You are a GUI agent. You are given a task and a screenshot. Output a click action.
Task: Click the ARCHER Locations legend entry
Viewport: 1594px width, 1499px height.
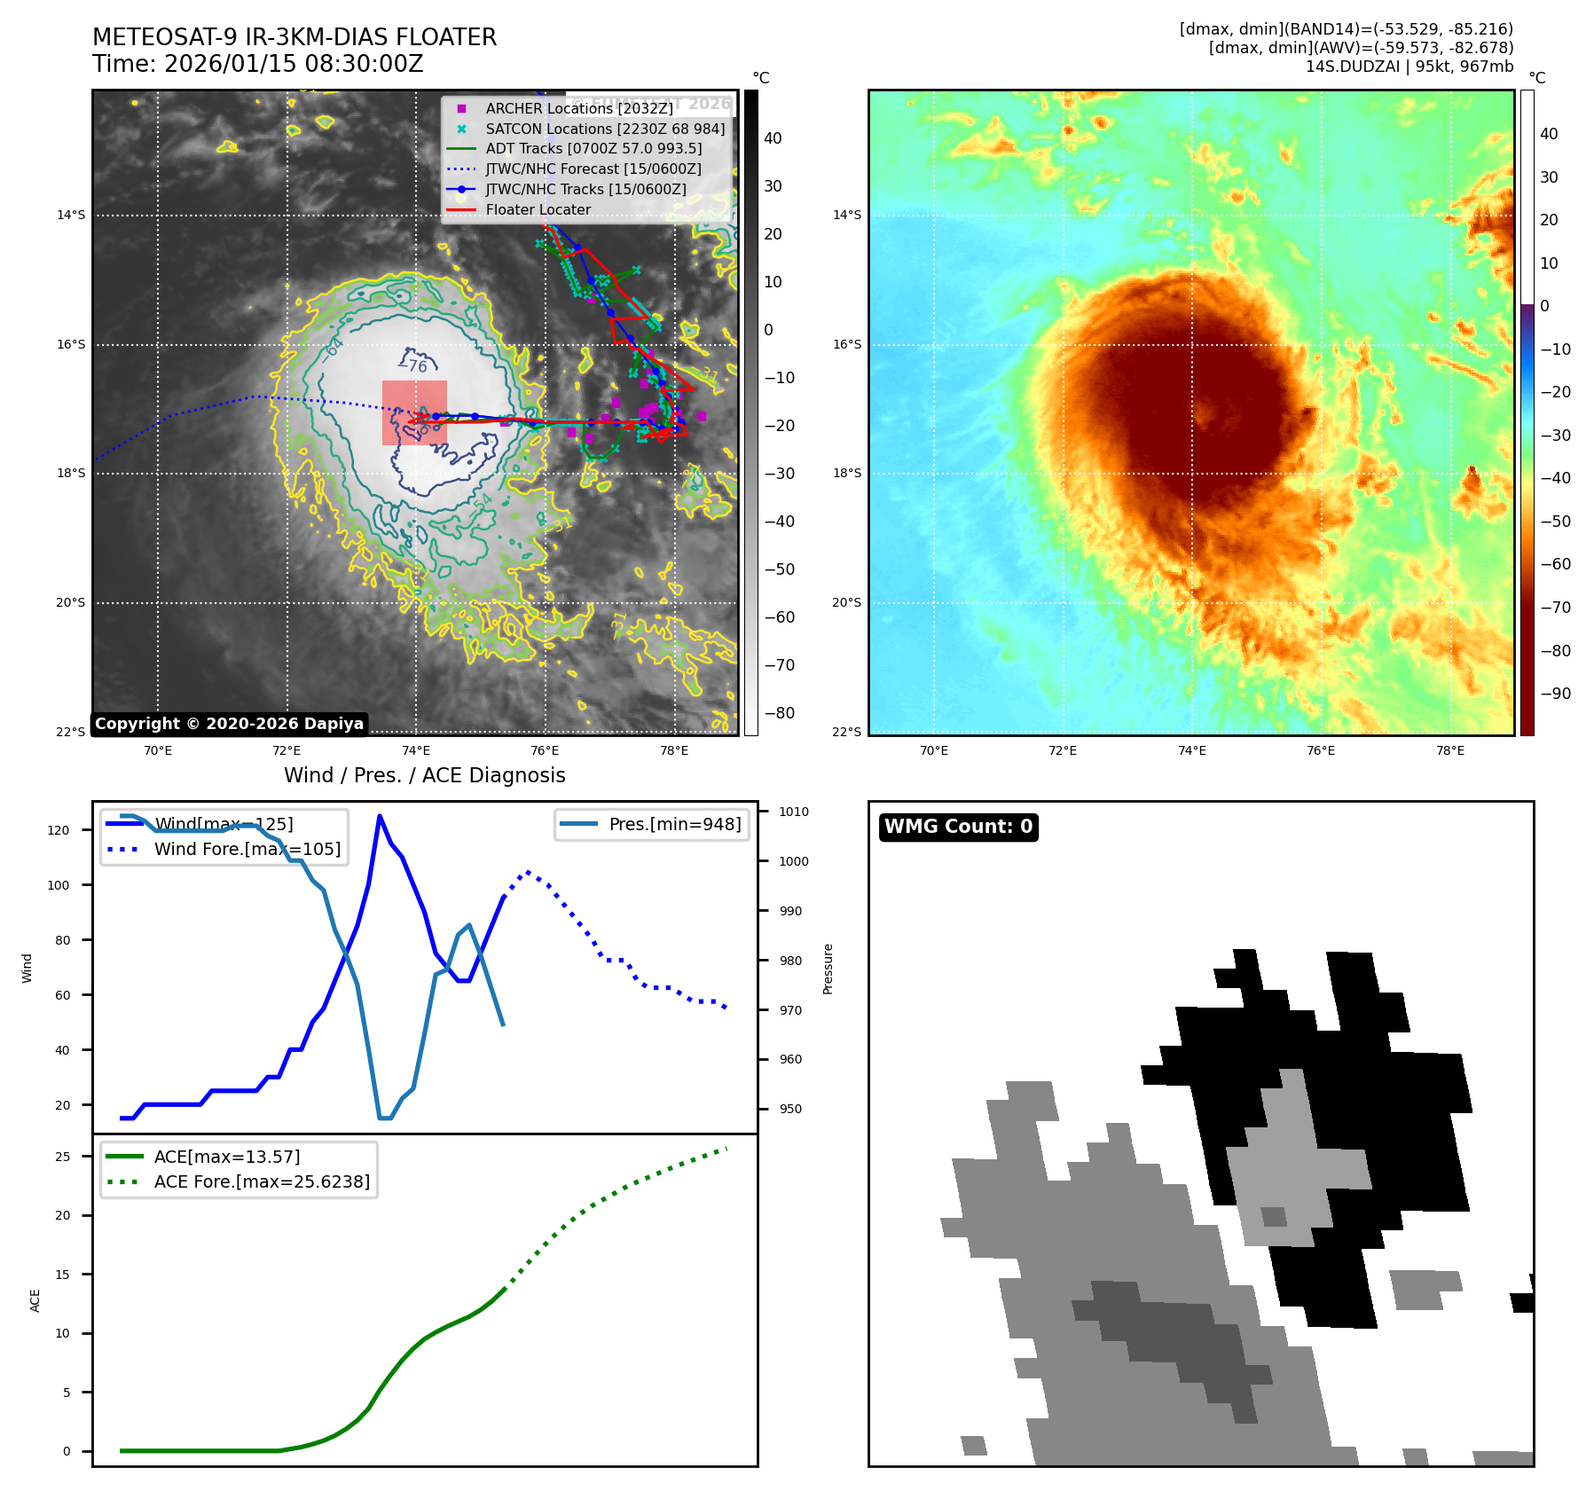(x=578, y=108)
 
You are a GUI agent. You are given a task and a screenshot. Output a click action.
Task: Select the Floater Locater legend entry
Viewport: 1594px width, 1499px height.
(x=538, y=209)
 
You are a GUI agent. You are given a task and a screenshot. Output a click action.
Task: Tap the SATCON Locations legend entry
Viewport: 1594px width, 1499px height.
(x=604, y=129)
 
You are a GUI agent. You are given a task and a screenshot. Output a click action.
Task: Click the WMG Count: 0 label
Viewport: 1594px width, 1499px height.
(x=958, y=827)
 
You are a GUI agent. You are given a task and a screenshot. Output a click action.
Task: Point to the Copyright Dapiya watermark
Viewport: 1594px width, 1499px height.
(x=229, y=724)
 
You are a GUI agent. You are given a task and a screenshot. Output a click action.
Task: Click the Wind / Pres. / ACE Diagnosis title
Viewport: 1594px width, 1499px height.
(x=424, y=775)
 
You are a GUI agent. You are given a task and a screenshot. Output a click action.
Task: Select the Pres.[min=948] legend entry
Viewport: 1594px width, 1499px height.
(x=674, y=824)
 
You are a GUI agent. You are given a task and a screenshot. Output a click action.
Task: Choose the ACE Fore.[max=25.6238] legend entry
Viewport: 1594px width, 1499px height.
(x=262, y=1181)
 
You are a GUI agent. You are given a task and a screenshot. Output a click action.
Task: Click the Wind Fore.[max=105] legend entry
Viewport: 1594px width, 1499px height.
(x=247, y=849)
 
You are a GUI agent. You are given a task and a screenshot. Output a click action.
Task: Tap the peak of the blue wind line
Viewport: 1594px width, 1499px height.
(x=380, y=816)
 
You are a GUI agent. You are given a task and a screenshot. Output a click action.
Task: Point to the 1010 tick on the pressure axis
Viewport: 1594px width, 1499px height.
(x=793, y=812)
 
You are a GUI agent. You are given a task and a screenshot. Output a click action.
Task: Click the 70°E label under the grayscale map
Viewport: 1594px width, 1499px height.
(x=158, y=750)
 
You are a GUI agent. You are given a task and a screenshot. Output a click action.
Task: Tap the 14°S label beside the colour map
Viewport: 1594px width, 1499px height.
(x=846, y=215)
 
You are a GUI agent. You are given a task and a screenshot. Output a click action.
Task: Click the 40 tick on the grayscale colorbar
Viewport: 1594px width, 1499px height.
(x=773, y=138)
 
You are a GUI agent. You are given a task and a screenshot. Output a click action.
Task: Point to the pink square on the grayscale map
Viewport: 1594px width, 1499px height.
(x=414, y=412)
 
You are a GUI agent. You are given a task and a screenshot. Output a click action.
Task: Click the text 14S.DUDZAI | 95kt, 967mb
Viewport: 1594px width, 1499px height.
(x=1409, y=67)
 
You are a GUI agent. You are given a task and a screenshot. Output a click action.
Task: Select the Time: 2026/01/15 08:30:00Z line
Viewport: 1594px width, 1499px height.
(x=258, y=64)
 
